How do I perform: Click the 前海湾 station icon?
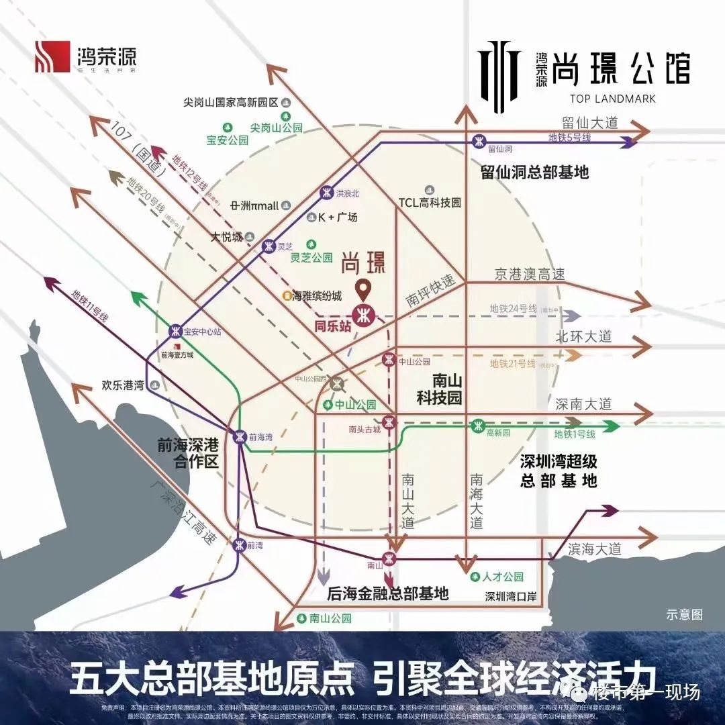coord(240,436)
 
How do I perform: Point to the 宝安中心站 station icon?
coord(175,331)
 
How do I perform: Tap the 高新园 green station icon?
coord(478,425)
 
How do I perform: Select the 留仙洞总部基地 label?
coord(534,172)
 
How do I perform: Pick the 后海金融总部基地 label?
coord(387,593)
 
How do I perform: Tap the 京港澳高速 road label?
coord(530,274)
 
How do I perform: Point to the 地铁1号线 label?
coord(575,434)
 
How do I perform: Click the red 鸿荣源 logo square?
coord(52,56)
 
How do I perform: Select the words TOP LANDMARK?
coord(612,99)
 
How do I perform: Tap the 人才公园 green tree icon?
coord(475,577)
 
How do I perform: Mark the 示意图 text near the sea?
coord(684,614)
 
